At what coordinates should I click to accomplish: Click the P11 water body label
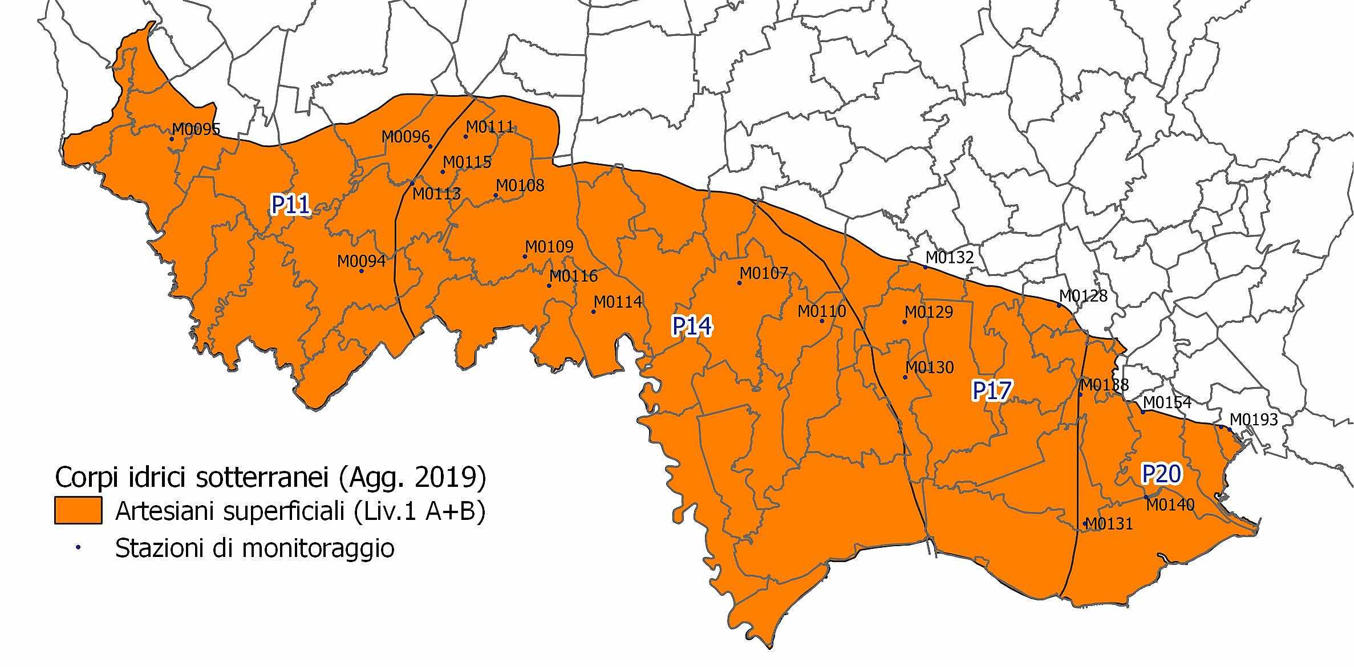(290, 205)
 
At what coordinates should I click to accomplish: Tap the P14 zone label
(692, 326)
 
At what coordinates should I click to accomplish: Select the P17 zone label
(992, 391)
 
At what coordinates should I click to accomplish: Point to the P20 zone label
(1161, 474)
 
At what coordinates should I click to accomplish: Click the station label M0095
(196, 129)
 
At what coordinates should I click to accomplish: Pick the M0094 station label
(361, 261)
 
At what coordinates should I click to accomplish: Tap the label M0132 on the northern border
(950, 258)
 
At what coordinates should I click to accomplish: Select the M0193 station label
(1253, 420)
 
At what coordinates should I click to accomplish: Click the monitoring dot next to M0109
(525, 257)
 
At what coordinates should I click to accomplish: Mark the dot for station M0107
(740, 283)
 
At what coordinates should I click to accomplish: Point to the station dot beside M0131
(1085, 523)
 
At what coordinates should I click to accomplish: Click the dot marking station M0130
(905, 377)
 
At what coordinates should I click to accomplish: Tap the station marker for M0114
(593, 312)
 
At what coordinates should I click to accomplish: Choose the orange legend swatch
(78, 510)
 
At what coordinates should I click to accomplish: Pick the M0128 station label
(1083, 296)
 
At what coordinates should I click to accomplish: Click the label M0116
(573, 276)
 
